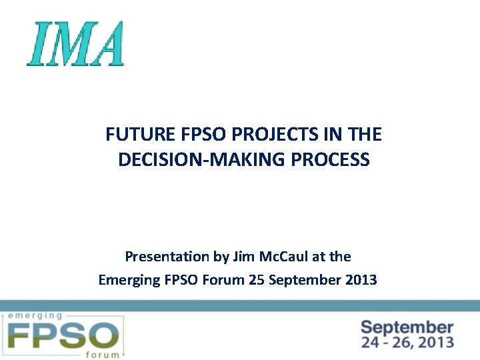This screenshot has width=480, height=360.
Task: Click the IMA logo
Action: pos(75,43)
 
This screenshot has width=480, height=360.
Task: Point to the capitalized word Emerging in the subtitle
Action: pos(129,280)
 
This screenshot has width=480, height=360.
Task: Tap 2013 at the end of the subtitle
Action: pos(361,280)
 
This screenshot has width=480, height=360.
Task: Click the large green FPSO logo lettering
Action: pos(63,335)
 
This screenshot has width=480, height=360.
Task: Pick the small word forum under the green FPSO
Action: pos(103,354)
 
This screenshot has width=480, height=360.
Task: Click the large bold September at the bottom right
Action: pos(407,327)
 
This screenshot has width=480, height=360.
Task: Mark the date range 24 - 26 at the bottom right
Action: pos(390,343)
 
